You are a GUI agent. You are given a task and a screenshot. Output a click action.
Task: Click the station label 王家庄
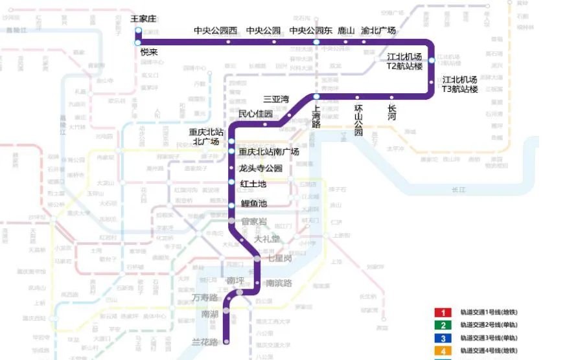tap(144, 19)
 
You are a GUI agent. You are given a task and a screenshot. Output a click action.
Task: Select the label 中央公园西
tap(216, 30)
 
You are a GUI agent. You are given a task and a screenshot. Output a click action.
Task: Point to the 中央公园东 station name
tap(311, 30)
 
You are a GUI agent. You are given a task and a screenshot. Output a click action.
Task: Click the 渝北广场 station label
tap(378, 30)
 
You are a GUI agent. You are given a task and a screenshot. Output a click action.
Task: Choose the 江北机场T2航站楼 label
tap(405, 62)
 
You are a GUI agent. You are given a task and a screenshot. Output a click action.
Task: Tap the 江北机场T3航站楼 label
tap(460, 84)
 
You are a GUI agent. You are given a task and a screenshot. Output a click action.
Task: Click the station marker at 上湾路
tap(317, 96)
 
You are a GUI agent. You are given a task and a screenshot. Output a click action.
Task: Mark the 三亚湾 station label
tap(276, 100)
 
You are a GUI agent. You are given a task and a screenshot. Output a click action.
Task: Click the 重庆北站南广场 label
tap(269, 152)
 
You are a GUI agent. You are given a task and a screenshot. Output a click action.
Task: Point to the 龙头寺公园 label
tap(261, 168)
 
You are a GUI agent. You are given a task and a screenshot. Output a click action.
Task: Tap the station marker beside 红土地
tap(231, 182)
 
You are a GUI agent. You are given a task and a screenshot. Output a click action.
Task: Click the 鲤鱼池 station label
tap(254, 203)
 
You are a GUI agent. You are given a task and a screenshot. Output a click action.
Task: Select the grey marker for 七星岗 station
tap(257, 258)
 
